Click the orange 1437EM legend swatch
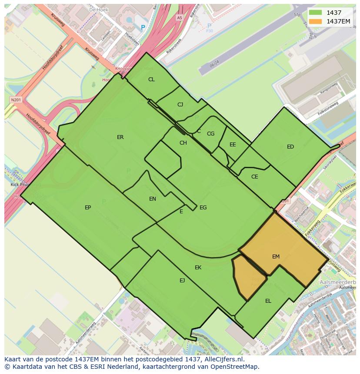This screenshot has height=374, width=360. pyautogui.click(x=316, y=21)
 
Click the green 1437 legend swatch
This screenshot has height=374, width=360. pyautogui.click(x=316, y=13)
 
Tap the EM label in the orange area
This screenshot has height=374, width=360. pyautogui.click(x=276, y=257)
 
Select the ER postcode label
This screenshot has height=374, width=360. pyautogui.click(x=120, y=137)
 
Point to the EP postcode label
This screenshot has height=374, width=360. pyautogui.click(x=88, y=208)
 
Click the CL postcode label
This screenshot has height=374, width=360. pyautogui.click(x=151, y=79)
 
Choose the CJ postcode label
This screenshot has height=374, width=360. pyautogui.click(x=180, y=105)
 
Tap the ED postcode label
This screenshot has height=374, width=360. pyautogui.click(x=290, y=147)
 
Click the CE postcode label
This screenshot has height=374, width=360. pyautogui.click(x=255, y=177)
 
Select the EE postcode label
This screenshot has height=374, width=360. pyautogui.click(x=233, y=145)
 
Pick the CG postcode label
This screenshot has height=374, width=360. pyautogui.click(x=210, y=134)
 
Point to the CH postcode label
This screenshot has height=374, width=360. pyautogui.click(x=183, y=143)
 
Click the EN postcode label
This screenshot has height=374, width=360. pyautogui.click(x=153, y=199)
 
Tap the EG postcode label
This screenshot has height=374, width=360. pyautogui.click(x=203, y=208)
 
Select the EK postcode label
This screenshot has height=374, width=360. pyautogui.click(x=198, y=268)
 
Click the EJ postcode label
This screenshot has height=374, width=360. pyautogui.click(x=182, y=281)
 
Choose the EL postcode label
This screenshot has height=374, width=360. pyautogui.click(x=268, y=301)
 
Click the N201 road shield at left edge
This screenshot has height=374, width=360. pyautogui.click(x=16, y=99)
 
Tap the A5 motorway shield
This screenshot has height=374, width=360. pyautogui.click(x=180, y=18)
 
